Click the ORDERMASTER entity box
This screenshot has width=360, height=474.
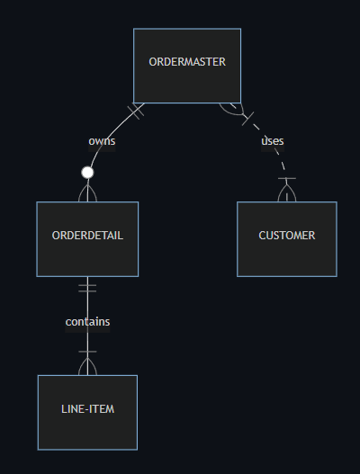click(187, 66)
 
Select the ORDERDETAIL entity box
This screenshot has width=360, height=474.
click(87, 239)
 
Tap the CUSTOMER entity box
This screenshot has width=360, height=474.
click(287, 239)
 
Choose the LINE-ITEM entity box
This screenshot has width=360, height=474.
click(87, 412)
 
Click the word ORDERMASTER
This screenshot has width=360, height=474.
click(187, 62)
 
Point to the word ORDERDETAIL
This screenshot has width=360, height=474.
click(87, 236)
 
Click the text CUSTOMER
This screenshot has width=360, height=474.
click(287, 236)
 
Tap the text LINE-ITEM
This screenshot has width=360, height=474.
click(87, 409)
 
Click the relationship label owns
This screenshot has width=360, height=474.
click(102, 141)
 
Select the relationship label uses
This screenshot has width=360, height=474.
click(273, 141)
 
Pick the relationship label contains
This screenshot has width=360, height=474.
click(87, 322)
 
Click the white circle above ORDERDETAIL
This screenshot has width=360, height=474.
click(87, 173)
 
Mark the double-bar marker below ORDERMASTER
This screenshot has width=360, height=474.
click(136, 111)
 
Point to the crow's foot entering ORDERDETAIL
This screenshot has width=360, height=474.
click(87, 192)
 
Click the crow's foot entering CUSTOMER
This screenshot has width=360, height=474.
click(287, 192)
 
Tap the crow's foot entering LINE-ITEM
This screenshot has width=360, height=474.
click(87, 366)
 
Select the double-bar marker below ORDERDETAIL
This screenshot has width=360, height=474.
click(87, 288)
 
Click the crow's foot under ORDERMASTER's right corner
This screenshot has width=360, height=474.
click(232, 110)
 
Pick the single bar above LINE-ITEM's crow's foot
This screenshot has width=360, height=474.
click(87, 352)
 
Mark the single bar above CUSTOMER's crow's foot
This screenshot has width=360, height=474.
click(287, 178)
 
